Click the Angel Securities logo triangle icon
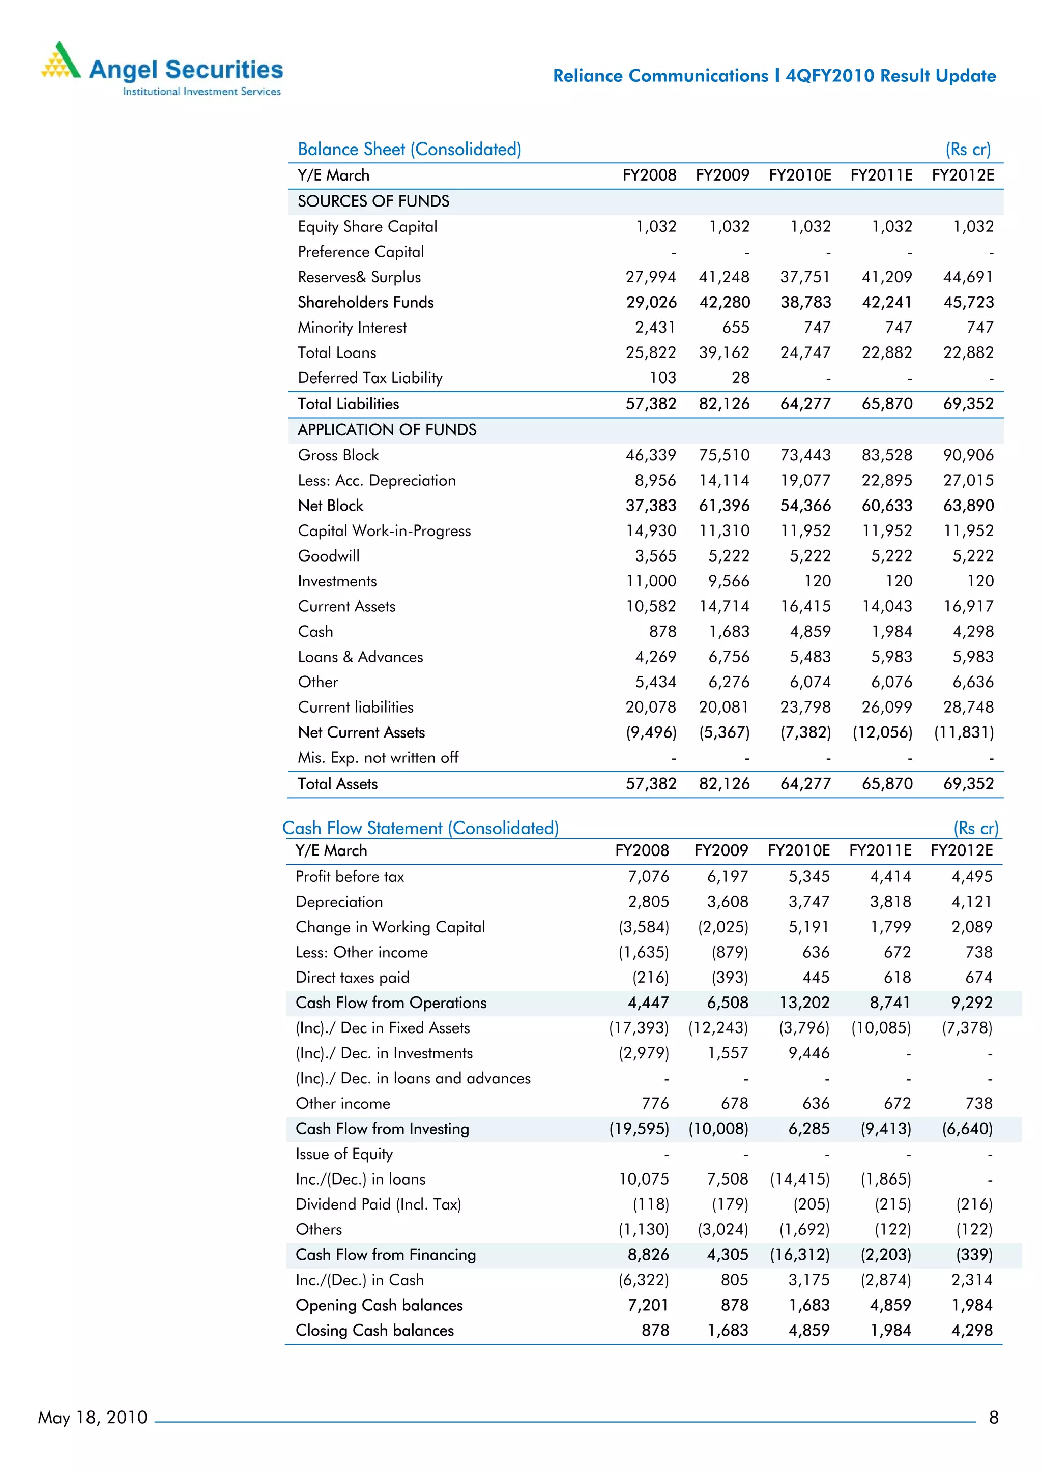(61, 61)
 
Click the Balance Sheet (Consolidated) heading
(409, 149)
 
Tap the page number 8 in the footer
(993, 1418)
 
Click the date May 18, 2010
(93, 1418)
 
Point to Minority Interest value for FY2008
(655, 328)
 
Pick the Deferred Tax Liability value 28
(740, 378)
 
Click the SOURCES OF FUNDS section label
(373, 201)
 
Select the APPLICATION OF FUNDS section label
(387, 430)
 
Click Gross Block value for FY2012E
(968, 455)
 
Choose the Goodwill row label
(328, 556)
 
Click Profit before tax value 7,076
(648, 877)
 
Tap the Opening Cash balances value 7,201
(647, 1305)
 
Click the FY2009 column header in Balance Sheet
(722, 175)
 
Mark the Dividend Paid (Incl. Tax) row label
(378, 1204)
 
